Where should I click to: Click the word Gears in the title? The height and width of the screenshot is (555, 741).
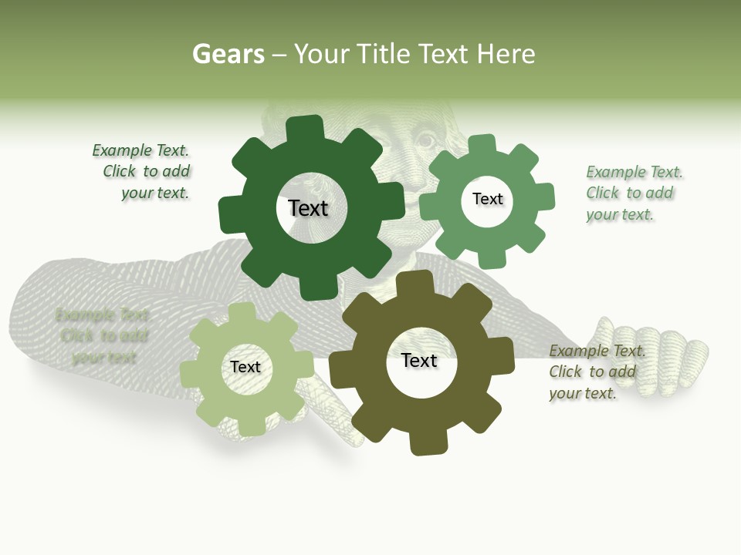[x=228, y=54]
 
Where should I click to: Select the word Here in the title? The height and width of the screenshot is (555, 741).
[x=506, y=54]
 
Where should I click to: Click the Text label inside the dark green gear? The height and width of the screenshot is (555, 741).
[x=308, y=208]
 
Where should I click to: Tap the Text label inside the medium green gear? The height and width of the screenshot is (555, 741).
[x=487, y=199]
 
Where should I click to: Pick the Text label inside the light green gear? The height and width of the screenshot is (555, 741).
[x=245, y=367]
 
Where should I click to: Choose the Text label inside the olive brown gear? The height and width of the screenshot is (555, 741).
[x=419, y=361]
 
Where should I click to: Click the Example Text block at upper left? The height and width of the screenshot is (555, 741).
[x=143, y=172]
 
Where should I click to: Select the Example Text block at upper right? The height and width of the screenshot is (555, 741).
[x=633, y=193]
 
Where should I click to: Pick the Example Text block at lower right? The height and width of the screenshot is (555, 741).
[x=596, y=372]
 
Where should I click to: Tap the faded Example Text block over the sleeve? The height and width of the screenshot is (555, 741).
[x=103, y=336]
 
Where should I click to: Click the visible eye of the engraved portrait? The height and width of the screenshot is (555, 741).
[x=425, y=141]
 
